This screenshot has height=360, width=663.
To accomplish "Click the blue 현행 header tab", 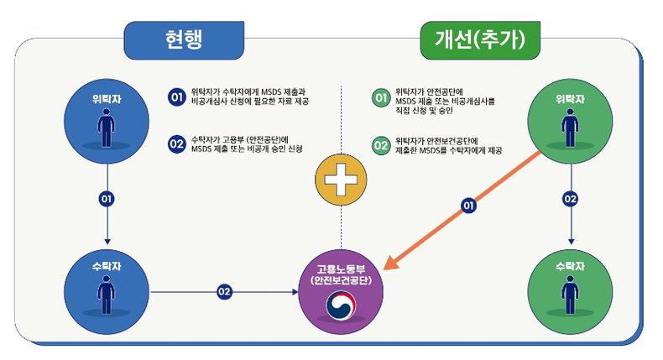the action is click(x=184, y=40).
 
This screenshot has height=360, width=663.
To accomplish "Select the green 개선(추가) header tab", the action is click(x=480, y=40).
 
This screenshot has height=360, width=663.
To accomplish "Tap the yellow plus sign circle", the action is click(x=341, y=180).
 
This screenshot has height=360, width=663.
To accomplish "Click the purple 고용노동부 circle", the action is click(x=341, y=292).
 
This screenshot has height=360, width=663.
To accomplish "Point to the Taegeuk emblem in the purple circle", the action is click(x=341, y=305).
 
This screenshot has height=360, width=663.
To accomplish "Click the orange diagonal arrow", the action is click(x=462, y=210).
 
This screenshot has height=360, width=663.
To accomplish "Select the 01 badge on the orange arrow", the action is click(x=468, y=206).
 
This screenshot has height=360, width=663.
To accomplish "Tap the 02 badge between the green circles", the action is click(x=571, y=199).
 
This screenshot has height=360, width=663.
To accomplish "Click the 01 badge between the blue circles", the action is click(x=107, y=199).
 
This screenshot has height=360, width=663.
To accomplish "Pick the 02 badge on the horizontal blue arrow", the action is click(x=224, y=291).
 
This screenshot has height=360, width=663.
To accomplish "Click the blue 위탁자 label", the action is click(x=107, y=99).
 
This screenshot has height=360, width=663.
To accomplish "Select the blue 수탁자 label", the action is click(x=107, y=267).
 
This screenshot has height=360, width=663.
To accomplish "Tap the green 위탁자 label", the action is click(x=570, y=99).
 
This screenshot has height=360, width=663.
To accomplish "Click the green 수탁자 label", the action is click(x=570, y=267).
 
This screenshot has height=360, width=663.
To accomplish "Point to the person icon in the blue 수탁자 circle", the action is click(x=106, y=295).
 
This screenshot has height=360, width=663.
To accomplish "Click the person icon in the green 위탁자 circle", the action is click(x=570, y=128).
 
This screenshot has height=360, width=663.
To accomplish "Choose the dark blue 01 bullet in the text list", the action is click(x=176, y=97).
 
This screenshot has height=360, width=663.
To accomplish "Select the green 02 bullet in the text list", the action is click(x=381, y=145).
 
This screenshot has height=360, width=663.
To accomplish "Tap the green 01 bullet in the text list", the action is click(x=381, y=97).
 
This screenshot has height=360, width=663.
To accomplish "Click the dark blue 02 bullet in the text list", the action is click(x=176, y=144).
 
